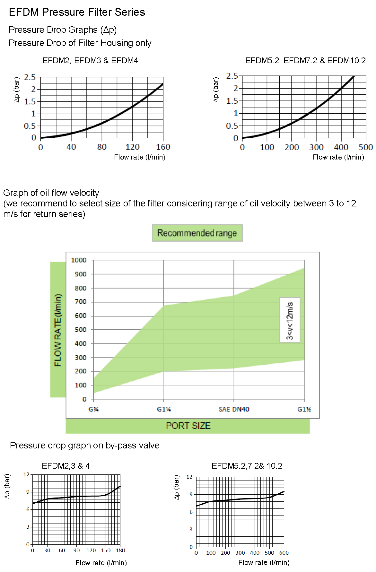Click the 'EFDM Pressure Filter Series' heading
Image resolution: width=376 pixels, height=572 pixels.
tap(77, 12)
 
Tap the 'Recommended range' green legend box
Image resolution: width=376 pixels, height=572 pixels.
tap(197, 233)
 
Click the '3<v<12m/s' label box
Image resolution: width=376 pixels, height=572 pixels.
tap(290, 320)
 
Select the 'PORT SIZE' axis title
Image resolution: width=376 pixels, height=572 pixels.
tap(188, 426)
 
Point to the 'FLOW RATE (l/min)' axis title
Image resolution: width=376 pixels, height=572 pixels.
tap(58, 330)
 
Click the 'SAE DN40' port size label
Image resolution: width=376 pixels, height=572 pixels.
tap(234, 409)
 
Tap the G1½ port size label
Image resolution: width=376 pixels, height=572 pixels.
tap(304, 409)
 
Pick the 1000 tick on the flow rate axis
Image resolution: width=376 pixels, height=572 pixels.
tap(79, 260)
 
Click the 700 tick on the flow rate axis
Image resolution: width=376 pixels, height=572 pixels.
tap(80, 302)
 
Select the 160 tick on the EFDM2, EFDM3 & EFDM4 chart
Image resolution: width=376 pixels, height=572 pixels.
tap(163, 147)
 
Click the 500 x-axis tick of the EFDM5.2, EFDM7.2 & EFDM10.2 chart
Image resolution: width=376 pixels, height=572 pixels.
tap(366, 147)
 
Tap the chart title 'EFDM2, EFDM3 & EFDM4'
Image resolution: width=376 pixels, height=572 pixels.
tap(90, 61)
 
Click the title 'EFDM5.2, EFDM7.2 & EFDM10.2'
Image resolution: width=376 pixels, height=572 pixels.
tap(305, 61)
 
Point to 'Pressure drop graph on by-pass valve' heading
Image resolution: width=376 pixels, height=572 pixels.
tap(85, 446)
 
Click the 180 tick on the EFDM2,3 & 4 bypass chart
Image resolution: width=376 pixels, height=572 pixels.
tap(120, 550)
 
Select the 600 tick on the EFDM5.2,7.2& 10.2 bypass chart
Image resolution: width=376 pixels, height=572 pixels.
tap(284, 553)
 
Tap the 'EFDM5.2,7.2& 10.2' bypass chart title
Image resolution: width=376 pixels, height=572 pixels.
tap(247, 466)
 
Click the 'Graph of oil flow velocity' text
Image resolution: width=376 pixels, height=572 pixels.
tap(51, 193)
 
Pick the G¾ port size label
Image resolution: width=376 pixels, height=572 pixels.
tap(93, 409)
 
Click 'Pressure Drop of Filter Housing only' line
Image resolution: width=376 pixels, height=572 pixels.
tap(80, 43)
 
